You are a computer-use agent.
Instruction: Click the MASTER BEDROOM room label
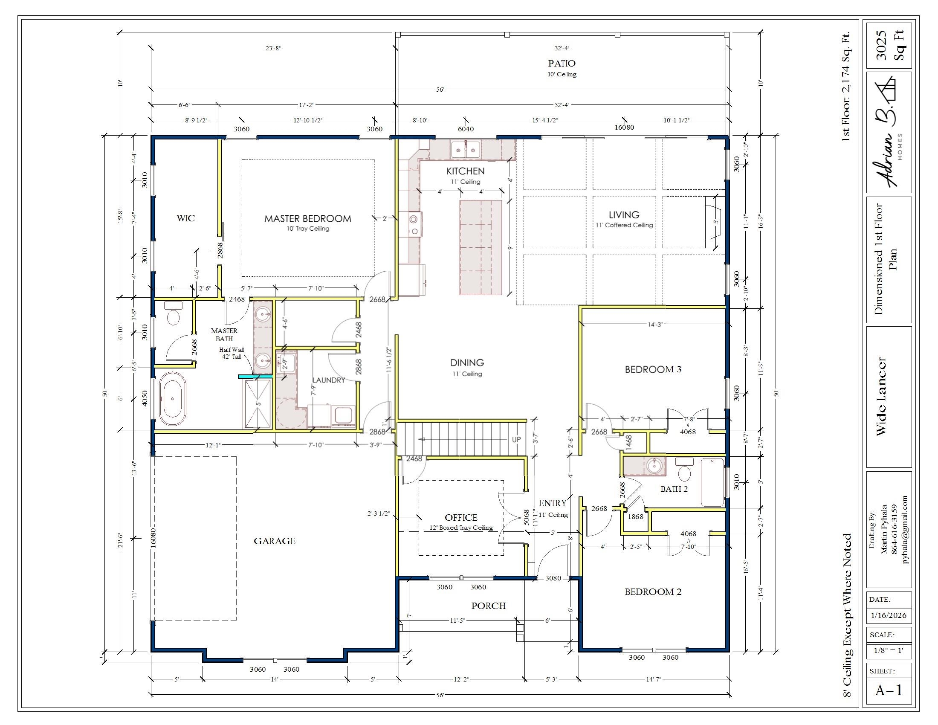point(307,219)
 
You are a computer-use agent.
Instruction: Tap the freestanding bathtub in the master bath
point(173,399)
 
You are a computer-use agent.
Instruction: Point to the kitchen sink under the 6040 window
point(466,149)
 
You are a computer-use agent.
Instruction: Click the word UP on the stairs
point(516,439)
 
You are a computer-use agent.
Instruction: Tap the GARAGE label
point(275,541)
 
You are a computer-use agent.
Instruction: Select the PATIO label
point(562,64)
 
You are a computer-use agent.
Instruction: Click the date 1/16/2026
point(888,615)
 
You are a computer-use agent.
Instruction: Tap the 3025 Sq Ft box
point(889,45)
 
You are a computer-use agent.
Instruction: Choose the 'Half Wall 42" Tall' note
point(231,353)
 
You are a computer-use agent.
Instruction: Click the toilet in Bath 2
point(684,470)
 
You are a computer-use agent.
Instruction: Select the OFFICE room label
point(461,518)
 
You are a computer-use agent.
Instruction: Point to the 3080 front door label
point(553,578)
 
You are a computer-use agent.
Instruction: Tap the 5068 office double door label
point(527,518)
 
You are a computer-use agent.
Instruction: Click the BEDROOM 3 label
point(653,369)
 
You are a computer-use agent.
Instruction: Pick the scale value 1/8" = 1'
point(888,650)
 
